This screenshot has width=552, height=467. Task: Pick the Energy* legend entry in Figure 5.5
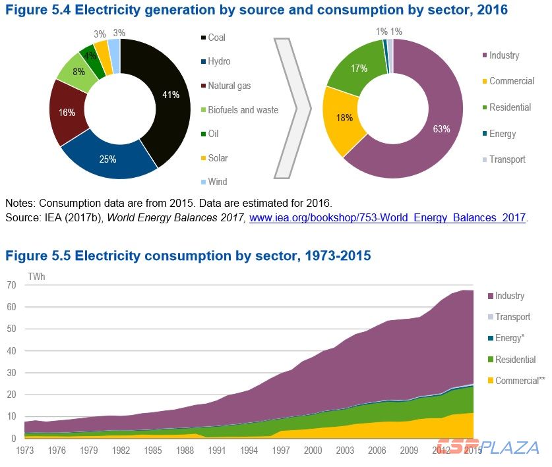coord(508,338)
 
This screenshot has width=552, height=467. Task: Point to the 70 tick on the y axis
coord(11,285)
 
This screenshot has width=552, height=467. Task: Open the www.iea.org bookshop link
coord(387,217)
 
